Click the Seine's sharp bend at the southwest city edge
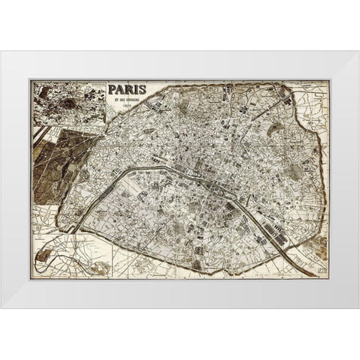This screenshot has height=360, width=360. [79, 224]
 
